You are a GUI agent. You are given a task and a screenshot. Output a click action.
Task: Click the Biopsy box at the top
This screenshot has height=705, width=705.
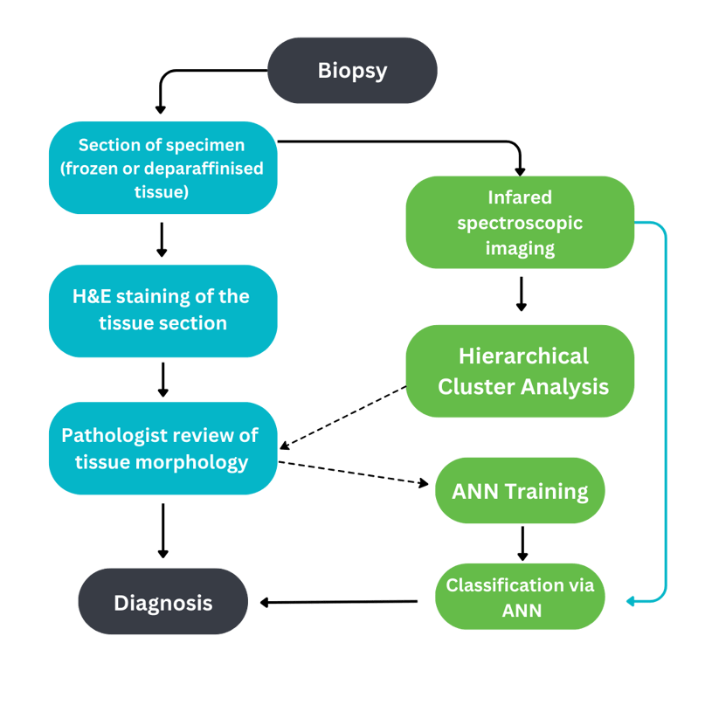352,71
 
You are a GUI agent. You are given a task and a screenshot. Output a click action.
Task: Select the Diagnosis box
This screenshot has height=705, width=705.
163,603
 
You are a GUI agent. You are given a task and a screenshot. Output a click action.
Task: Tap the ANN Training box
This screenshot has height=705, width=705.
520,491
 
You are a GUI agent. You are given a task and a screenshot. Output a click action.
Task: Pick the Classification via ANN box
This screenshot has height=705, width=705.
520,598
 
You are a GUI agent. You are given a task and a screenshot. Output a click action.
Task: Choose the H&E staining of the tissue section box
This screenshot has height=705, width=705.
162,310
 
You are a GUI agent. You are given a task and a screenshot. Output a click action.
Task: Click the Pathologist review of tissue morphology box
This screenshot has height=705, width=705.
162,448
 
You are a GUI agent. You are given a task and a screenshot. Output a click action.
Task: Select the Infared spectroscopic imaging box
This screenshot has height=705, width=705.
520,223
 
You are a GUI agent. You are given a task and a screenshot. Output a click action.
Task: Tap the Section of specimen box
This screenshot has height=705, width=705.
162,168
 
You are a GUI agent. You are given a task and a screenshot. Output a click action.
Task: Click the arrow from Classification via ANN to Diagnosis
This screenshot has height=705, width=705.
341,601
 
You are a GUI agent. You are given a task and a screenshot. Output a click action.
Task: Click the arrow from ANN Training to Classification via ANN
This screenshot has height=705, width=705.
522,543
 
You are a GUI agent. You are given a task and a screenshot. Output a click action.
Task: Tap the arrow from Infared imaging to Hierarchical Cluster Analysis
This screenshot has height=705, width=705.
522,294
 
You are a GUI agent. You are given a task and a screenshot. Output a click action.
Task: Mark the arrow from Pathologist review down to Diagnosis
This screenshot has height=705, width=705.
162,530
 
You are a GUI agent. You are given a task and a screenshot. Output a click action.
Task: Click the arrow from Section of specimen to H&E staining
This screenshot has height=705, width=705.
162,239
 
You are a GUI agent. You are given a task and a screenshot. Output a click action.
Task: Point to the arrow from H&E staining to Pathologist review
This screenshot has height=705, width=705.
162,379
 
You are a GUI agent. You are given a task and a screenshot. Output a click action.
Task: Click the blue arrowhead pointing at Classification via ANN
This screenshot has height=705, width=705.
632,601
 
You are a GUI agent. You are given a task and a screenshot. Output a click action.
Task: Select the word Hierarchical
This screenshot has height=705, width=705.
523,356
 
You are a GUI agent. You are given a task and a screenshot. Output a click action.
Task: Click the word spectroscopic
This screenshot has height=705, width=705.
520,223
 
